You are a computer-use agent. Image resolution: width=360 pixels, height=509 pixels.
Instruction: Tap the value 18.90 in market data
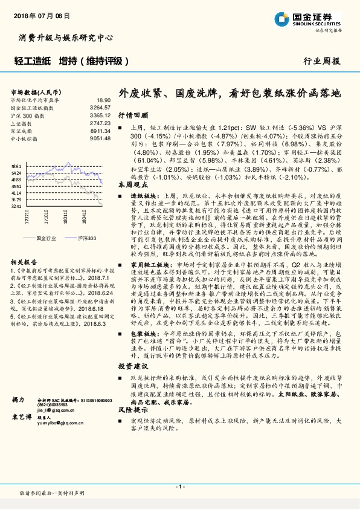(103, 100)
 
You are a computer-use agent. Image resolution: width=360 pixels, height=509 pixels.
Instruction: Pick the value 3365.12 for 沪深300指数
(100, 114)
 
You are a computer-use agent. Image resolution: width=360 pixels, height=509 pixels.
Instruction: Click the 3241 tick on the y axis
(16, 206)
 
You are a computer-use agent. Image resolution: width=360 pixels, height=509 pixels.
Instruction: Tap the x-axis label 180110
(78, 216)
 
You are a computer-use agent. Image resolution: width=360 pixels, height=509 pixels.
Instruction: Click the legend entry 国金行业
(45, 239)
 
